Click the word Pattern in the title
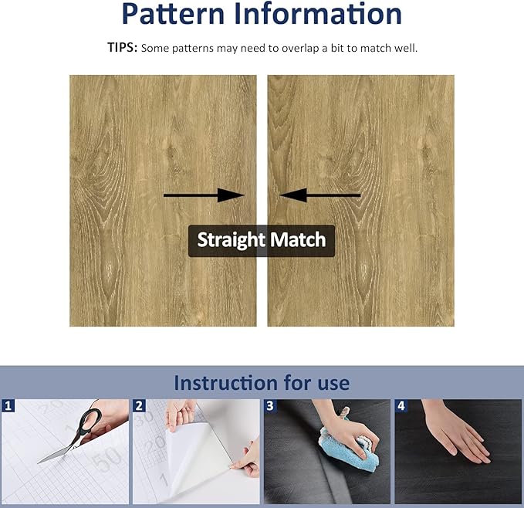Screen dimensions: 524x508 click(173, 13)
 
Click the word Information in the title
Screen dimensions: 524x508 click(318, 13)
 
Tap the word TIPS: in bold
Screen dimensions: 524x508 click(122, 48)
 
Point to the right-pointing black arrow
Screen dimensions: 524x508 click(204, 195)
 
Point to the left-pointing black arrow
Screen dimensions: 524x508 click(320, 195)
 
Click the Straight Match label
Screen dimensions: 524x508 click(262, 241)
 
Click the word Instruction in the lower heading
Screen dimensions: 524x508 click(225, 383)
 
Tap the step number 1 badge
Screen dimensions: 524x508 click(8, 406)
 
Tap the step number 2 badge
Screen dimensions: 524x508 click(139, 406)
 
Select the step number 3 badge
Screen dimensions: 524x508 click(270, 406)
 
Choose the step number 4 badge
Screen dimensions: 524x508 click(401, 406)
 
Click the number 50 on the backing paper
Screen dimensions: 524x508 click(107, 458)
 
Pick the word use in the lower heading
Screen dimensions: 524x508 click(333, 383)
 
